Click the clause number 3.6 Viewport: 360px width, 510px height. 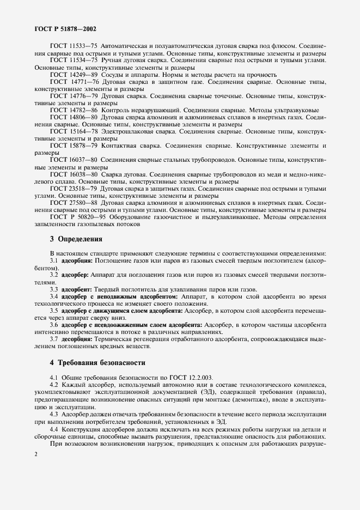tap(54, 324)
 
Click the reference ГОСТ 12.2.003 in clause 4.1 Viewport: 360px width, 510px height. tap(193, 377)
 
